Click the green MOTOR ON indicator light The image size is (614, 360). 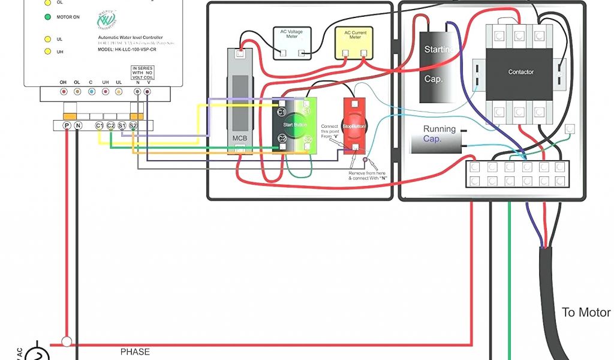click(47, 17)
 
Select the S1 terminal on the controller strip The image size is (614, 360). click(122, 125)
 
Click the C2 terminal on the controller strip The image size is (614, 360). click(111, 125)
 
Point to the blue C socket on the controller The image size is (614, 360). click(91, 92)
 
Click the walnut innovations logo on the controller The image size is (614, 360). click(106, 20)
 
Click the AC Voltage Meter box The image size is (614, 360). click(291, 42)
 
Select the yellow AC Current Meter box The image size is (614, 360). click(356, 42)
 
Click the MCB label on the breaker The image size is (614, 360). click(239, 138)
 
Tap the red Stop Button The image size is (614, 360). click(354, 126)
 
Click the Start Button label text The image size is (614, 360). click(294, 125)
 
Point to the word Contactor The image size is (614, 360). click(520, 72)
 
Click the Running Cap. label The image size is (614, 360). click(440, 133)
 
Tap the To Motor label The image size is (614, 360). click(586, 313)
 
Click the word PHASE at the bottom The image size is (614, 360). click(135, 352)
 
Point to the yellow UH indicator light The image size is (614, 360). click(47, 52)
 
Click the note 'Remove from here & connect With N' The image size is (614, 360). click(366, 175)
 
